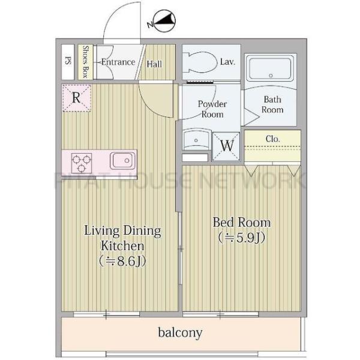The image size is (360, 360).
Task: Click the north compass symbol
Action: [164, 20]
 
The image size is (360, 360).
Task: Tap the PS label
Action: [68, 61]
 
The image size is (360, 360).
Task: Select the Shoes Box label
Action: [86, 62]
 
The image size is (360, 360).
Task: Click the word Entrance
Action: [118, 62]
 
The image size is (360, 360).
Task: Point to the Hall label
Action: [154, 64]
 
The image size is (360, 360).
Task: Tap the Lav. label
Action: [227, 62]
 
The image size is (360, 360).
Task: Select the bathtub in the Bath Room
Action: [271, 68]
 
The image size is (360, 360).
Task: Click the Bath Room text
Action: [272, 104]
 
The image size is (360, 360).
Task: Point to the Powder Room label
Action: [212, 109]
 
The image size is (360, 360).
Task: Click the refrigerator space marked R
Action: [77, 98]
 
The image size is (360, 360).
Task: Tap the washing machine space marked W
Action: [226, 146]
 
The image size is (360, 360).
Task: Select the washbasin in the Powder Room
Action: [197, 140]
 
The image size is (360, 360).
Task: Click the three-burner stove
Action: [82, 163]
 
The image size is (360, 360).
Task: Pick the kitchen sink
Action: [122, 160]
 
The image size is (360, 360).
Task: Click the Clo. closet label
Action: [273, 139]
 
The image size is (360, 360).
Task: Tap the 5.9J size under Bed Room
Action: [242, 238]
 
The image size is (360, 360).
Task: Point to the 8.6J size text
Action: [122, 261]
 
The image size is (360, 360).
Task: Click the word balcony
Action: [180, 332]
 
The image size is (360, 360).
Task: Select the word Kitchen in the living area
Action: [122, 245]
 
